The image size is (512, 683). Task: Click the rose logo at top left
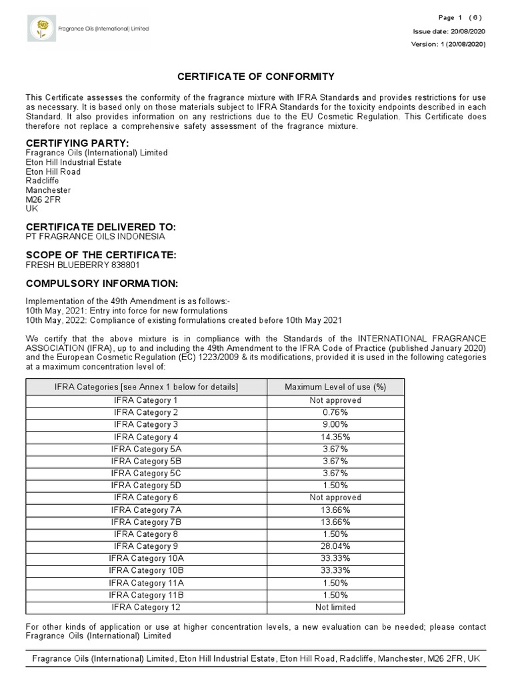point(43,29)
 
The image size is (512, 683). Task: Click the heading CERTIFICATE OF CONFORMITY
point(255,77)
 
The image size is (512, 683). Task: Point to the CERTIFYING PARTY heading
point(77,143)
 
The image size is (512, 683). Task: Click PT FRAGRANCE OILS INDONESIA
point(95,237)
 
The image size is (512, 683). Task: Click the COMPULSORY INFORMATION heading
point(102,283)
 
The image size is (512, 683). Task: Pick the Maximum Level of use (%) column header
point(335,387)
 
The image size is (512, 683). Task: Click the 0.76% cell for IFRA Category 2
point(335,412)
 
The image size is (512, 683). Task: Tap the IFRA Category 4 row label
point(146,437)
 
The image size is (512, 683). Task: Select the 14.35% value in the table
point(335,437)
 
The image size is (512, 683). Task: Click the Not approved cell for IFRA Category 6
point(335,498)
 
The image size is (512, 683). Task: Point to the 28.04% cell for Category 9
point(335,546)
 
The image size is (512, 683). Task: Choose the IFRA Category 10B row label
point(146,570)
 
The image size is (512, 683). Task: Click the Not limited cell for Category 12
point(335,607)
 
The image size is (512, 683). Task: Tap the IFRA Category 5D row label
point(146,486)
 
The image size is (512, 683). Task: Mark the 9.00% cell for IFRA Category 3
point(335,424)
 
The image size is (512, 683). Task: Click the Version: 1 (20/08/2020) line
point(448,45)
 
